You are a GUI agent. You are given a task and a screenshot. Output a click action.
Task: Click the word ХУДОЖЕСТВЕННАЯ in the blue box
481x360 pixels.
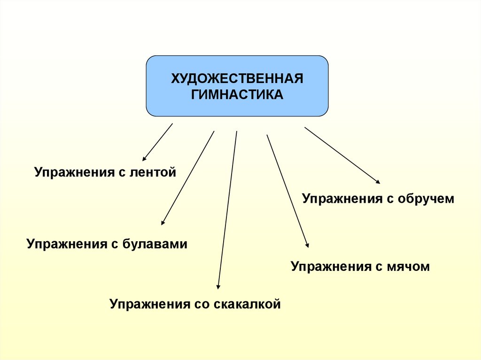coord(237,78)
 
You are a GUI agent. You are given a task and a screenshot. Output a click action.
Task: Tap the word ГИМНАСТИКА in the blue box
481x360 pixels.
coord(237,95)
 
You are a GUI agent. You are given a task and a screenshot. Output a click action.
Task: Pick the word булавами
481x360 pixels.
coord(155,244)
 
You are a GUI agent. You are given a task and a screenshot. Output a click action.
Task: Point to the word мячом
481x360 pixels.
coord(408,267)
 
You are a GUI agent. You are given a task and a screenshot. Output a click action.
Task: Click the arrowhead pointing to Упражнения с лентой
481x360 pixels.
coord(144,160)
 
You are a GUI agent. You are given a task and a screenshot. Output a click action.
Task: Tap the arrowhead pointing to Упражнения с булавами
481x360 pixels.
coord(163,223)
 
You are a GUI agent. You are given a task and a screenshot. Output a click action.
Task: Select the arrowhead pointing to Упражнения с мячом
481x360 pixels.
coord(307,245)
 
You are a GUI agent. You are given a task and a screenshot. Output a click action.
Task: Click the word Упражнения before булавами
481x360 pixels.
coord(65,245)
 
